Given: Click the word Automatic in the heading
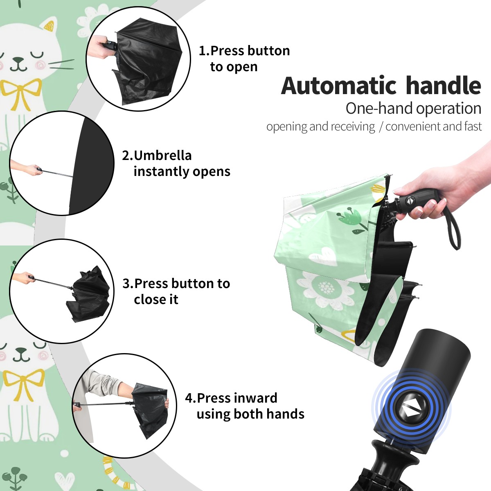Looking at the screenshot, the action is click(339, 86).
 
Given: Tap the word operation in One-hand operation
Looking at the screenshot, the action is click(449, 109).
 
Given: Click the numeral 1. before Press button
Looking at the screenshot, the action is click(204, 51).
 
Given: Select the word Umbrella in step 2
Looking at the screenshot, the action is click(162, 155).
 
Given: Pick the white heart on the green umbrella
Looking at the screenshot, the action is click(323, 256).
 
